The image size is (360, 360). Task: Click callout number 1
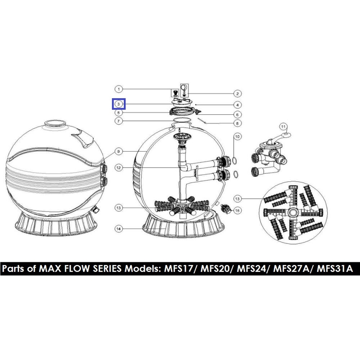coord(118,89)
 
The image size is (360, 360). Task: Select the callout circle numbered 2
coord(238,94)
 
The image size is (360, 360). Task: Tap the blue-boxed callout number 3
coord(119,104)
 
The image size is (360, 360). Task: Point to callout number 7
coord(118,121)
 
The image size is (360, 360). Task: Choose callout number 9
coord(118,152)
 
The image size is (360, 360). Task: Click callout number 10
coord(238,137)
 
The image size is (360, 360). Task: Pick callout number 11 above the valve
coord(283,127)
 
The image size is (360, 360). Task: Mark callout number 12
coord(118,168)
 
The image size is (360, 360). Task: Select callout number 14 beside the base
coord(118,229)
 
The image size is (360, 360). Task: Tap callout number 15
coord(238,210)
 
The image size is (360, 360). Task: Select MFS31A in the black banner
coord(335,269)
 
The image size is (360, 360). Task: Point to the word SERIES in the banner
coord(107,269)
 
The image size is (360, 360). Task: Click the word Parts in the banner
coord(13,269)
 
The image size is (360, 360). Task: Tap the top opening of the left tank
coord(55,123)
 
